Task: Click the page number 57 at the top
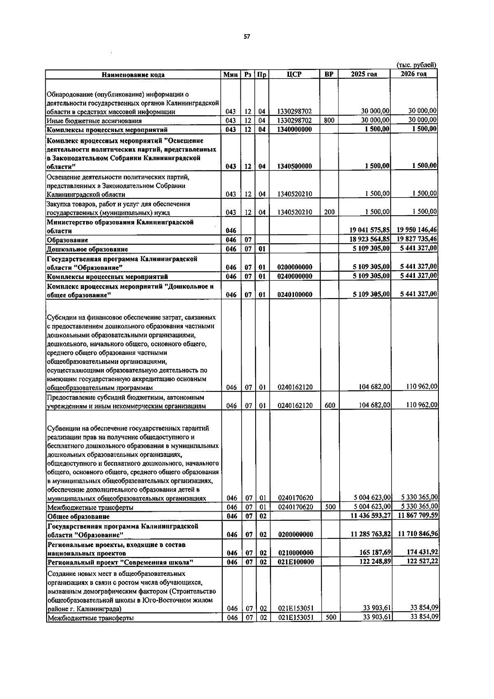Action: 247,37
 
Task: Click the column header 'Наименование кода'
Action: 133,75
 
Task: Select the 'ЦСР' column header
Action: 294,75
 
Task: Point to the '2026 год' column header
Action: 414,74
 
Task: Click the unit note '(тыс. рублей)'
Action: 416,65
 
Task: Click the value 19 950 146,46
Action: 417,230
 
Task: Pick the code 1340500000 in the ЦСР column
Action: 294,166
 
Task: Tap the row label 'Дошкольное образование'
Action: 87,249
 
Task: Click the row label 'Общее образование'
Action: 78,516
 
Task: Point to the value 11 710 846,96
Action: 417,534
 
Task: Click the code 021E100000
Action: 296,562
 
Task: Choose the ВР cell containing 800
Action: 329,121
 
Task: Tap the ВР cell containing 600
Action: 330,405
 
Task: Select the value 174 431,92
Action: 422,552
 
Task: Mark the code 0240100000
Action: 295,295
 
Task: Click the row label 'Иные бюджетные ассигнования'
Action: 94,121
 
